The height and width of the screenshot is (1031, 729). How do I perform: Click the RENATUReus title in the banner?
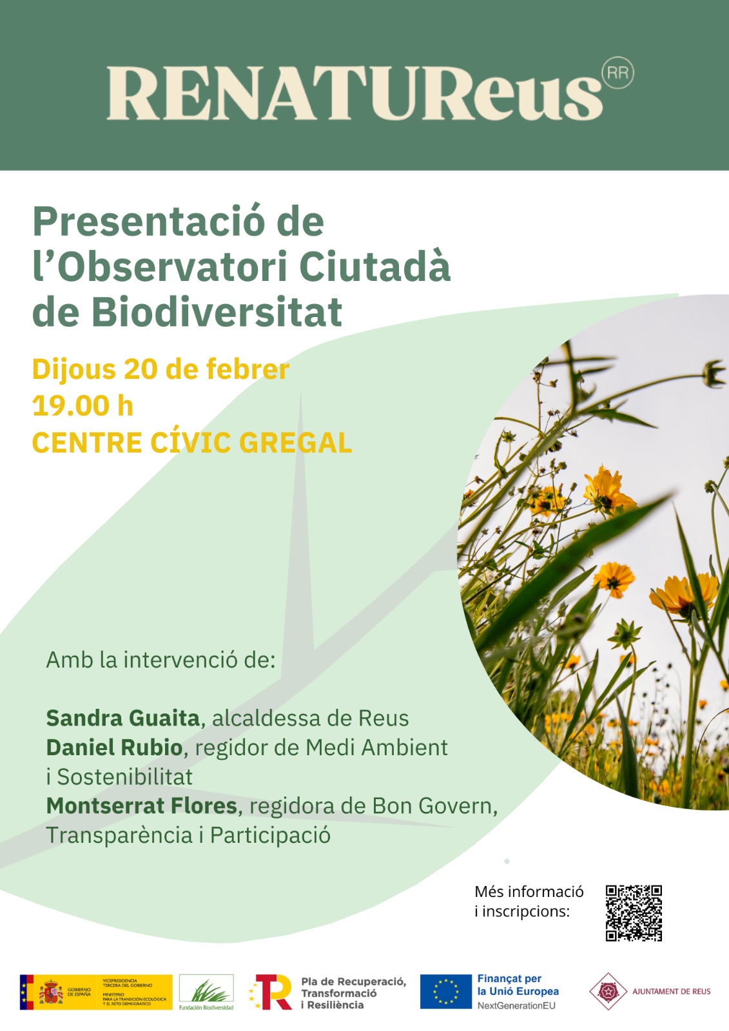coord(355,93)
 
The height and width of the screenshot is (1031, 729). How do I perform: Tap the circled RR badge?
coord(617,73)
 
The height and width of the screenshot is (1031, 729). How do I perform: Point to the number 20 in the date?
coord(141,370)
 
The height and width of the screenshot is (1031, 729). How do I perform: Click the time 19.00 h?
coord(83,406)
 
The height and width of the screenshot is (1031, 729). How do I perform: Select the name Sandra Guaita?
coord(123,718)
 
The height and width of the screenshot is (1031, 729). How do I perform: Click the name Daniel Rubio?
coord(115,747)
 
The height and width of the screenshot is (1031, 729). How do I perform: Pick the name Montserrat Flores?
coord(142,806)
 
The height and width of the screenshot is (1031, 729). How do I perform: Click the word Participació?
coord(270,835)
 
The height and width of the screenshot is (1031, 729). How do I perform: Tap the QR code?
coord(634,913)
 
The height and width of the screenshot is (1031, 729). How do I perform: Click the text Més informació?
coord(529,892)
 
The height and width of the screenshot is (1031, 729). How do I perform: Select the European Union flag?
coord(445,991)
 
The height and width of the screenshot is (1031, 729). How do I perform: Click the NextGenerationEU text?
coord(516,1005)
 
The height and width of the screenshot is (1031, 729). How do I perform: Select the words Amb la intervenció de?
coord(160,660)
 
